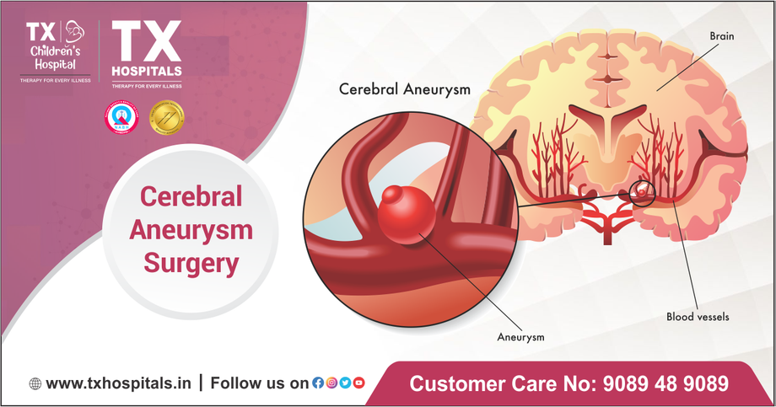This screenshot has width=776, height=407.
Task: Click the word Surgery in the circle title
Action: point(191,264)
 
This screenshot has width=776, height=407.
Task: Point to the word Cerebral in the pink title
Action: point(191,196)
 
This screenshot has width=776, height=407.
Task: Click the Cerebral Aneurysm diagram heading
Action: point(404,88)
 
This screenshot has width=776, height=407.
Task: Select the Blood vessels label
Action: point(698,318)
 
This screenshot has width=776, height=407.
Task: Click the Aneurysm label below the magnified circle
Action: point(520,336)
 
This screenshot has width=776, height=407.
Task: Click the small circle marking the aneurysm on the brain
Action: point(641,194)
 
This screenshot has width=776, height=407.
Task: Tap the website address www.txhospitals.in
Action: point(118,383)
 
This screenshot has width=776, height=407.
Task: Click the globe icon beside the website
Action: point(35,383)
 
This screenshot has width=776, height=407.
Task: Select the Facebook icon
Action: point(318,383)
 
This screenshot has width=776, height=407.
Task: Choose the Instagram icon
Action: point(331,383)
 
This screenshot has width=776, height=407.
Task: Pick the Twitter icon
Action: point(345,383)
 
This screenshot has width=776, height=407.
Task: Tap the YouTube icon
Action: point(358,383)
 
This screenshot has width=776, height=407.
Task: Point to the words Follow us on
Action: point(259,383)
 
